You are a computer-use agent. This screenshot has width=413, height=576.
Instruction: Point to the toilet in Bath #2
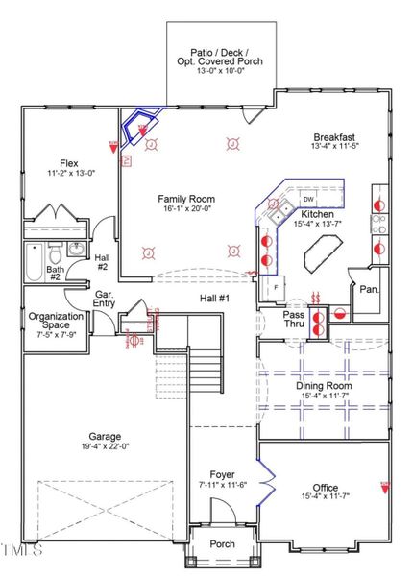click(57, 254)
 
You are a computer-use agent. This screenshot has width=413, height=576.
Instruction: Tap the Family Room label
click(186, 200)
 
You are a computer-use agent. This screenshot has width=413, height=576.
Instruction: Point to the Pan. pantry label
click(367, 289)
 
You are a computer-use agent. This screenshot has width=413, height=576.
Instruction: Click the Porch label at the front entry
click(222, 544)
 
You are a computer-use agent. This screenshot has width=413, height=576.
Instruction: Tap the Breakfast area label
click(334, 136)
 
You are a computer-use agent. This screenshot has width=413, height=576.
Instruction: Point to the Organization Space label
click(56, 322)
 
